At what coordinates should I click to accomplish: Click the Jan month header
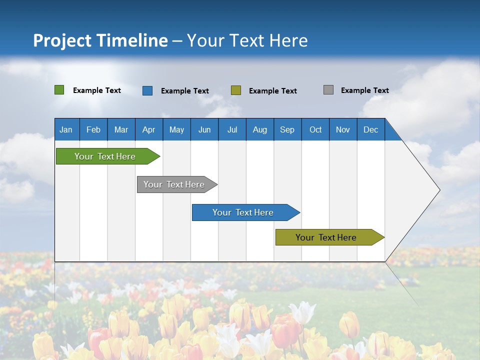[66, 129]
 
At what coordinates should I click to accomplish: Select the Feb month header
[93, 129]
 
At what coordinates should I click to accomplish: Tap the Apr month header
[149, 129]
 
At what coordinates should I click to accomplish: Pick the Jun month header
[204, 129]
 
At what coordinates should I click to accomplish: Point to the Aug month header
[260, 129]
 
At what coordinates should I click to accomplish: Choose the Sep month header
[287, 129]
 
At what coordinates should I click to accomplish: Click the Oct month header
[315, 129]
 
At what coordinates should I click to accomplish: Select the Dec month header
[371, 129]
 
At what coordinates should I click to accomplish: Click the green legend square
[59, 90]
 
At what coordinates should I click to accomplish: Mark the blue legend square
[147, 90]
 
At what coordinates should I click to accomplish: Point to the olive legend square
[236, 90]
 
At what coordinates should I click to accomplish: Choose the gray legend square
[328, 90]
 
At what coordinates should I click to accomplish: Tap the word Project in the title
[62, 40]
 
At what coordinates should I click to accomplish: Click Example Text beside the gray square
[364, 90]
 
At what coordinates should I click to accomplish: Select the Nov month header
[343, 129]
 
